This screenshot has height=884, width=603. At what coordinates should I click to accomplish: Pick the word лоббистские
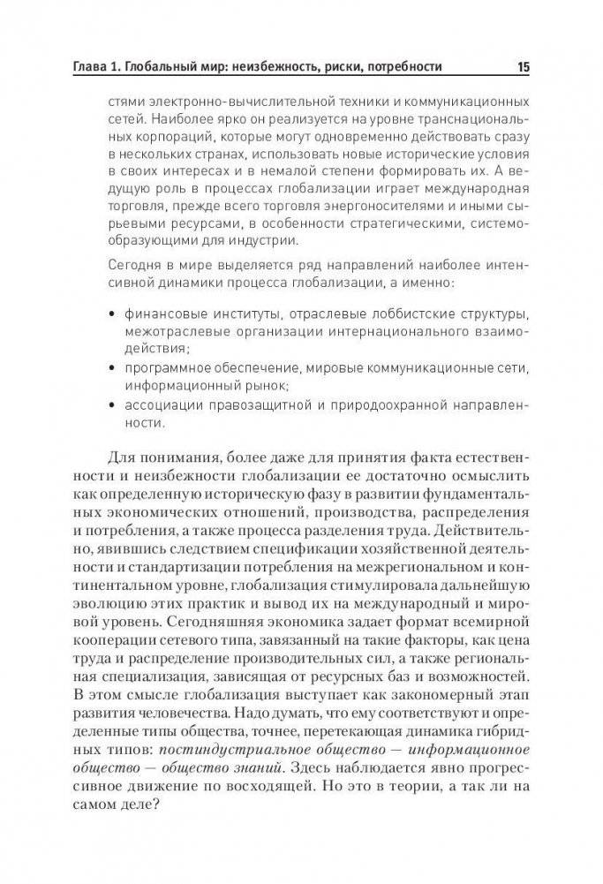(388, 314)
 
